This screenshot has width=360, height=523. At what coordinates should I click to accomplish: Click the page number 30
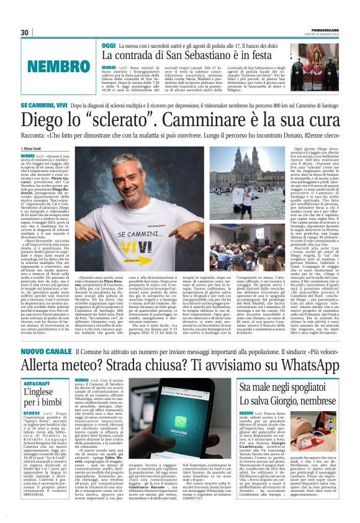coord(25,32)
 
